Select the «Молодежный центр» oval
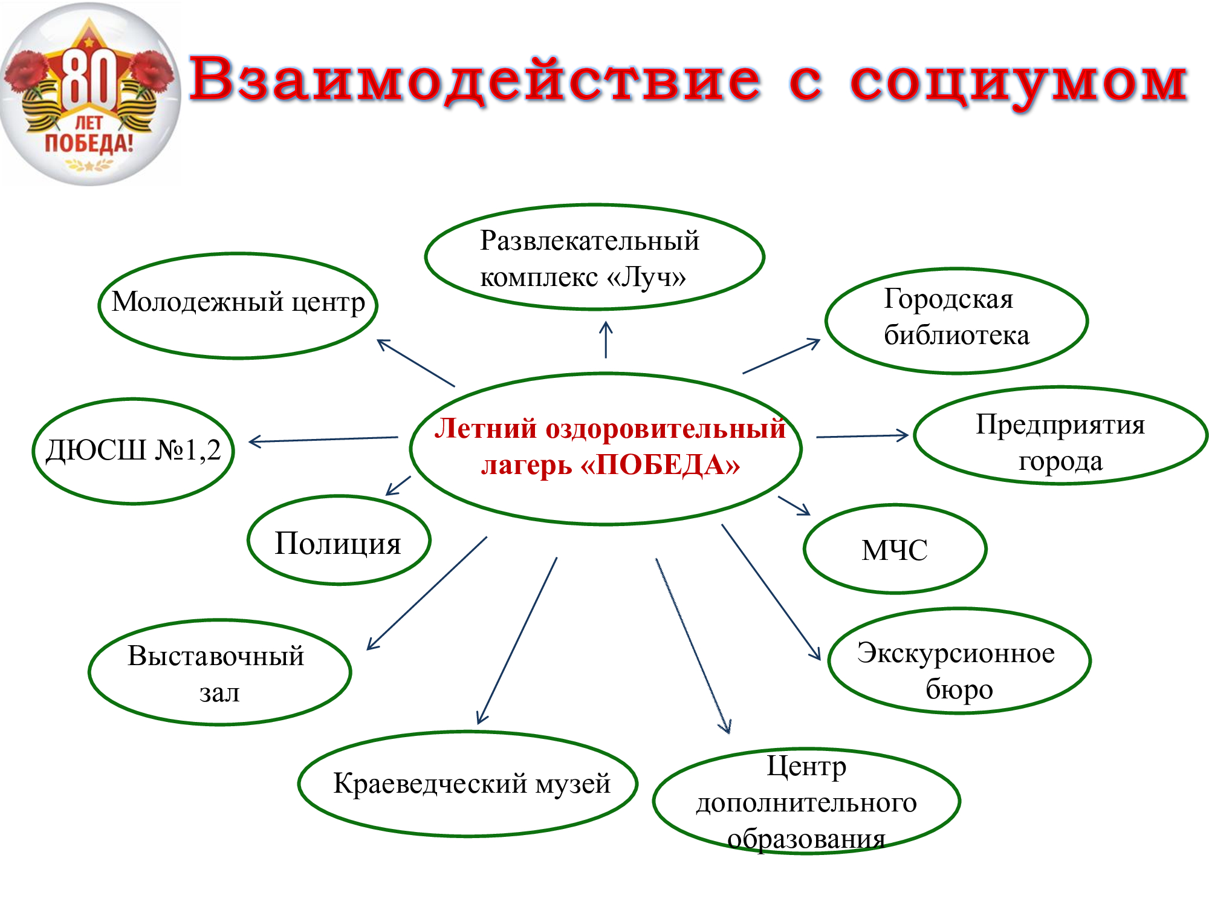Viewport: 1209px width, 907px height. tap(238, 305)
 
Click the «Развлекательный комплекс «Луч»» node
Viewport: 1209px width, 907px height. tap(595, 257)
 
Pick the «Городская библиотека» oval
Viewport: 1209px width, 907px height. tap(957, 320)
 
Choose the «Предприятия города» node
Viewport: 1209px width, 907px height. tap(1061, 435)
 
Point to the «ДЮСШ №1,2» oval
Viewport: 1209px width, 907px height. tap(134, 450)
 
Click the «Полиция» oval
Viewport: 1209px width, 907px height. tap(339, 540)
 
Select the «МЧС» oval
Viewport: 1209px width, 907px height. tap(895, 548)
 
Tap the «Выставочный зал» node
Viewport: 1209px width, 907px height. tap(220, 672)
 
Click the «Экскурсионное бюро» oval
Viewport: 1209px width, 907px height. tap(959, 660)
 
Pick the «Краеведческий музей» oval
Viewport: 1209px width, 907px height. tap(468, 784)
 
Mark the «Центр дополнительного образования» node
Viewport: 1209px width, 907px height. tap(807, 801)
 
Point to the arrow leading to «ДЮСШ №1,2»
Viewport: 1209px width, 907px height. tap(323, 440)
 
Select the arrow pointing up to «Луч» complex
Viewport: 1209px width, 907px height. tap(606, 339)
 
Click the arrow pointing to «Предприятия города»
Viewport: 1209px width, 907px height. tap(863, 435)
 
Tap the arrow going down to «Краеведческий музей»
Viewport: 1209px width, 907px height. tap(517, 640)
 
